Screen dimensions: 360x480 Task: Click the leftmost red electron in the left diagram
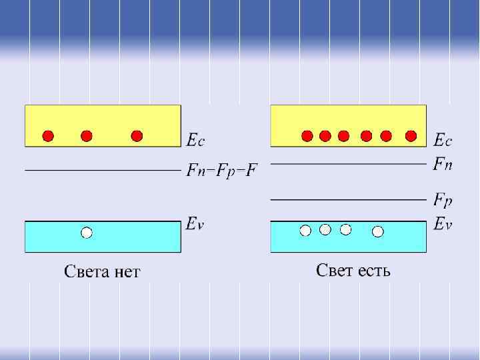pyautogui.click(x=48, y=136)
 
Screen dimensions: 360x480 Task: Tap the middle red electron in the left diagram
pyautogui.click(x=86, y=136)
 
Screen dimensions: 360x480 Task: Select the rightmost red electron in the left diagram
pyautogui.click(x=137, y=136)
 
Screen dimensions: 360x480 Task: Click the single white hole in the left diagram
pyautogui.click(x=86, y=233)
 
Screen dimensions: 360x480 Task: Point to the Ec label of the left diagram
pyautogui.click(x=195, y=140)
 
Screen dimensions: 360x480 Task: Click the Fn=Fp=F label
pyautogui.click(x=221, y=171)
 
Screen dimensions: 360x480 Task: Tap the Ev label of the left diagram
pyautogui.click(x=195, y=225)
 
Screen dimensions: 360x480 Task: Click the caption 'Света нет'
pyautogui.click(x=102, y=271)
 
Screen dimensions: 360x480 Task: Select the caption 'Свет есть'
pyautogui.click(x=353, y=270)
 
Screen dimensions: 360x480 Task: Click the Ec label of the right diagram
pyautogui.click(x=443, y=140)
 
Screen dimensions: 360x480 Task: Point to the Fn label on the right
pyautogui.click(x=443, y=163)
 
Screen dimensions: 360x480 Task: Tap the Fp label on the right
pyautogui.click(x=443, y=199)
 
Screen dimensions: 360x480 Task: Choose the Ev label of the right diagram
pyautogui.click(x=443, y=224)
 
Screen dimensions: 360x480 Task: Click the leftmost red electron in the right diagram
pyautogui.click(x=307, y=136)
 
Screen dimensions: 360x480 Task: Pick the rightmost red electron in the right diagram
pyautogui.click(x=411, y=136)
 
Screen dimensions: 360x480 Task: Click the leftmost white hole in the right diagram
pyautogui.click(x=305, y=230)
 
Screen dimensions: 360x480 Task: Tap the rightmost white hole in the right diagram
pyautogui.click(x=378, y=231)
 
